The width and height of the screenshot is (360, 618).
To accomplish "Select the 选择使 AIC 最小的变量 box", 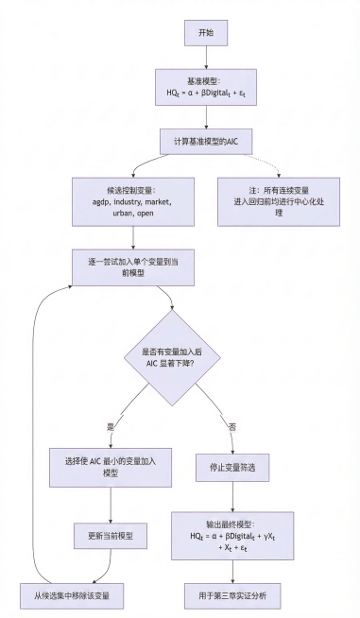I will click(112, 466).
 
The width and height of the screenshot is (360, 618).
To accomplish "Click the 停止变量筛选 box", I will click(232, 466).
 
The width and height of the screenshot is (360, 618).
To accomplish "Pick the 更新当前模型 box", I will click(112, 536).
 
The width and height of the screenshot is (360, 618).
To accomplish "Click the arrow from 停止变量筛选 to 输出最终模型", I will click(232, 497).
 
